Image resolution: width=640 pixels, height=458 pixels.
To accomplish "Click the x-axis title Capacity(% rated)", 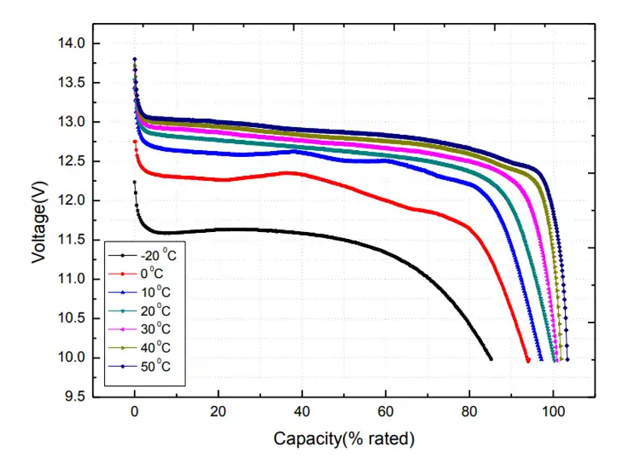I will (x=344, y=439).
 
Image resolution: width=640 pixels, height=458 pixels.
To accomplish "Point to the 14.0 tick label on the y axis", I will (x=72, y=44).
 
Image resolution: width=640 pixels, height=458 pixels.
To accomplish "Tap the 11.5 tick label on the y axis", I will (x=72, y=240).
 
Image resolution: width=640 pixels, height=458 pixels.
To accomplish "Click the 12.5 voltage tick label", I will (x=72, y=162).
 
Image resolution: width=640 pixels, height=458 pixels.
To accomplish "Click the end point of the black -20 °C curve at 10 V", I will (x=490, y=358).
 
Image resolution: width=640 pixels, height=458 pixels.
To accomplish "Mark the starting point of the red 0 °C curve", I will (x=135, y=141).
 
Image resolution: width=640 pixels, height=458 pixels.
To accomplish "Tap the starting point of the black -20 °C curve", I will (x=135, y=182).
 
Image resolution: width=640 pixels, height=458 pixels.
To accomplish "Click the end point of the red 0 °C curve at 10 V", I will (x=528, y=360).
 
